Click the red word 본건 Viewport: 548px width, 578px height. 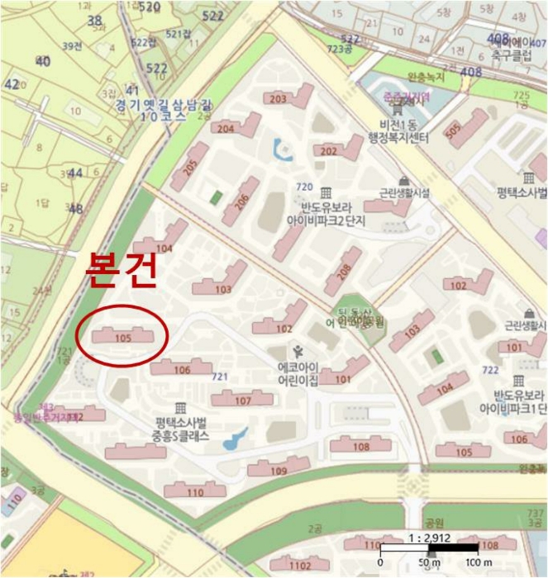(121, 273)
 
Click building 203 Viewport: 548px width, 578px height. (279, 100)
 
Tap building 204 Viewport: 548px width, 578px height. (226, 128)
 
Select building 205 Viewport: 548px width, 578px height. (190, 166)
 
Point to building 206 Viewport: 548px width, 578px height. (241, 198)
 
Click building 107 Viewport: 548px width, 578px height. (242, 400)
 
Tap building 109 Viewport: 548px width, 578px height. (279, 471)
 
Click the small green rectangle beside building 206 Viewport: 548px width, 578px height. (217, 198)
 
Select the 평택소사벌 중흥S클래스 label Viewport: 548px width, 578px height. (180, 428)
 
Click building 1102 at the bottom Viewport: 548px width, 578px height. (302, 566)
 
